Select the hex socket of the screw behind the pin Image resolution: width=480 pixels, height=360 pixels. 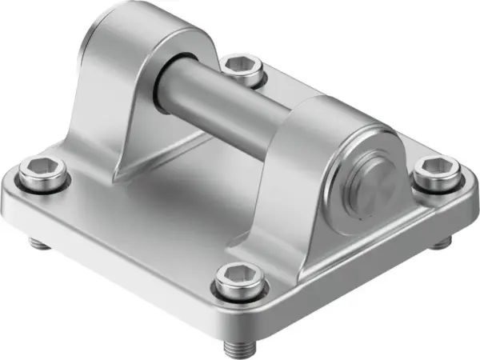[x=242, y=65]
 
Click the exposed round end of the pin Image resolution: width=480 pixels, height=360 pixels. [x=372, y=185]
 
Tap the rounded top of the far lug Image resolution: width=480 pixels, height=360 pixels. [x=152, y=24]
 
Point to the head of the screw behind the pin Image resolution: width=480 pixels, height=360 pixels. [x=243, y=70]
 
